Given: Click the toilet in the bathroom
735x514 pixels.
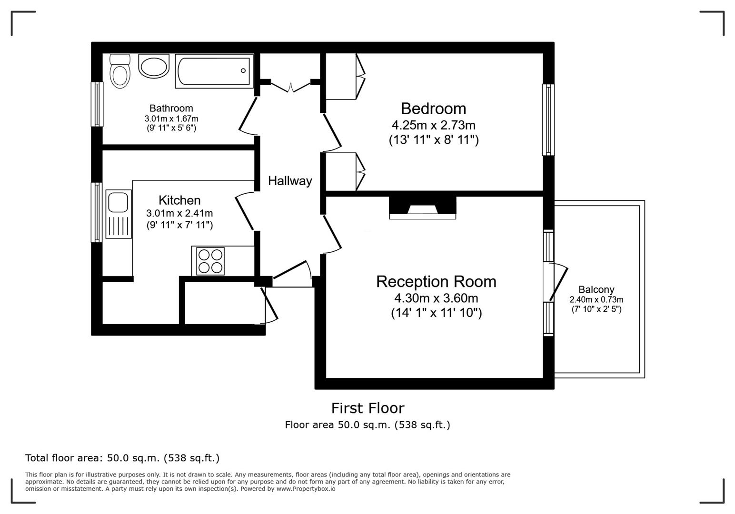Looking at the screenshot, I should [x=119, y=72].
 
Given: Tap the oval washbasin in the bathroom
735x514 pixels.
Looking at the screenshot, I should [x=153, y=66].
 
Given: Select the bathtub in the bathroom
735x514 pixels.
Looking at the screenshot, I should [x=214, y=71].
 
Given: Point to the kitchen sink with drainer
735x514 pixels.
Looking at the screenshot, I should [x=119, y=214].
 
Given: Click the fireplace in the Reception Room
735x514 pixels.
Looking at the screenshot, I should [x=422, y=208].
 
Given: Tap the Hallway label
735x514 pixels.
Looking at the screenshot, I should [x=290, y=181].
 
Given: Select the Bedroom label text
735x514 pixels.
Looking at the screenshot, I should [x=433, y=109].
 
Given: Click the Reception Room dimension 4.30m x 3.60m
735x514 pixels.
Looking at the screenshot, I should [x=436, y=298].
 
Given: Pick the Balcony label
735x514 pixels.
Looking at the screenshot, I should [x=596, y=289].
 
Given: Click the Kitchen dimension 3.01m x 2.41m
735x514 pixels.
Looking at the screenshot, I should [x=179, y=213].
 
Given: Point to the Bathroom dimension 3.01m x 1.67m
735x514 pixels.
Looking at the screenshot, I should [x=171, y=119].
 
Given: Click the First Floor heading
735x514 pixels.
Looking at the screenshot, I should [x=367, y=408].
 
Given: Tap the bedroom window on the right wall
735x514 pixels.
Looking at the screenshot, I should [x=548, y=120].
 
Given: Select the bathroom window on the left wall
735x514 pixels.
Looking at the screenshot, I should [x=97, y=104].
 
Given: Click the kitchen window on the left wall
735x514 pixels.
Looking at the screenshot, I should [x=97, y=212].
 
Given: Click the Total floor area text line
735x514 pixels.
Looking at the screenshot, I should [x=122, y=458].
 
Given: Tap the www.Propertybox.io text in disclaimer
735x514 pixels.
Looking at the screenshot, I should [x=306, y=489].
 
